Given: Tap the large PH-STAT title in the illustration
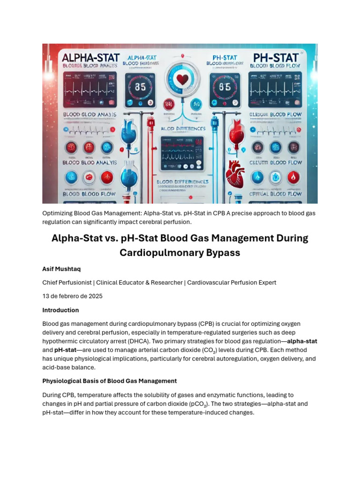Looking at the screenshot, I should coord(276,58).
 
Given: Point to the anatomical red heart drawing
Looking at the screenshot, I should coord(235,174).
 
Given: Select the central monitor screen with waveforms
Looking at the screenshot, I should coord(181,153).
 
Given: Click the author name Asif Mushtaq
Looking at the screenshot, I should coord(61,269).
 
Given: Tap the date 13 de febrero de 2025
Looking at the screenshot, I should coord(72,296).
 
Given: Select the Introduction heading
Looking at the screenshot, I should coord(60,310).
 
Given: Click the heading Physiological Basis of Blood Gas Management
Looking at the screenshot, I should coord(109,381).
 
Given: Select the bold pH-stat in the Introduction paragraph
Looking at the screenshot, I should coord(65,350).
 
